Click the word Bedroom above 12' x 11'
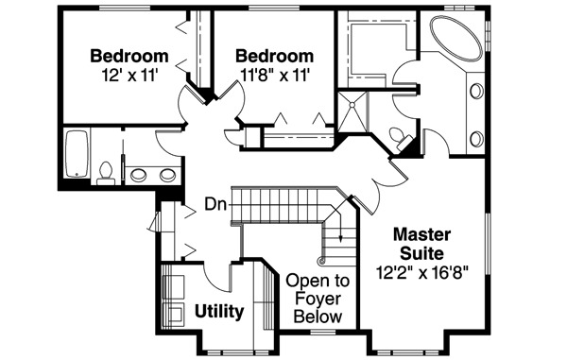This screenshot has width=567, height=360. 130,55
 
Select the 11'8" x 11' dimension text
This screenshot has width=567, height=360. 274,74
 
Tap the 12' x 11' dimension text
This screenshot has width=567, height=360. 130,74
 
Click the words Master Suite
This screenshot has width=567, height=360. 421,242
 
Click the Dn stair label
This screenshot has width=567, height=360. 214,204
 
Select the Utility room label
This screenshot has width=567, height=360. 219,311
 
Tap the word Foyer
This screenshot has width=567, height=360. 318,300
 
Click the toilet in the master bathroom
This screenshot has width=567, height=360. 406,143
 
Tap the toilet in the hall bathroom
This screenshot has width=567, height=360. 105,172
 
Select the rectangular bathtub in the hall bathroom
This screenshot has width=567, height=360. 77,154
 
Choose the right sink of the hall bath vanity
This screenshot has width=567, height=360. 167,174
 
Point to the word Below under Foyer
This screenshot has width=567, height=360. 318,317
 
